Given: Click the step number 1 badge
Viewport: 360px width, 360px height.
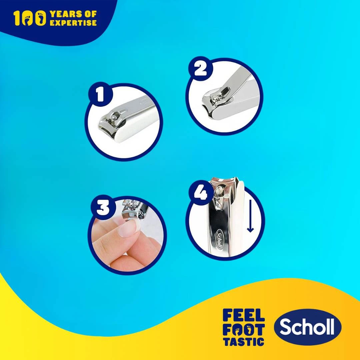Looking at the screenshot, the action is pyautogui.click(x=100, y=94).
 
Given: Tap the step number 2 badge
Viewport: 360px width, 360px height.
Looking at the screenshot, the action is pyautogui.click(x=200, y=69).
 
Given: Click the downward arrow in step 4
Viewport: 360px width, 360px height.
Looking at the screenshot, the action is pyautogui.click(x=250, y=216).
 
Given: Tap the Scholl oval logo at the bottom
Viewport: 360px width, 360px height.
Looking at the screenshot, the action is pyautogui.click(x=308, y=327).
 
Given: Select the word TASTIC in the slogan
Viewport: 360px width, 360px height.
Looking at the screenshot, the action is pyautogui.click(x=244, y=342).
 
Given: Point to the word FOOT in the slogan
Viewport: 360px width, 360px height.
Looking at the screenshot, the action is pyautogui.click(x=244, y=329).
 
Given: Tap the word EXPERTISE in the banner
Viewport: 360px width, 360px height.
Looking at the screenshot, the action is pyautogui.click(x=73, y=23).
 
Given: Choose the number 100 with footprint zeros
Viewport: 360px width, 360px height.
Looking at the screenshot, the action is pyautogui.click(x=30, y=18).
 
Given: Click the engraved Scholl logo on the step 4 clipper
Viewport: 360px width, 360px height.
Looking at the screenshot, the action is pyautogui.click(x=220, y=239).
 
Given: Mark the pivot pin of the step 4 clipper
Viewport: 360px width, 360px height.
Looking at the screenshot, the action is pyautogui.click(x=218, y=190).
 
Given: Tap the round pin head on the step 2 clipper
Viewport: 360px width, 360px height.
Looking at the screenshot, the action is pyautogui.click(x=214, y=100).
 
